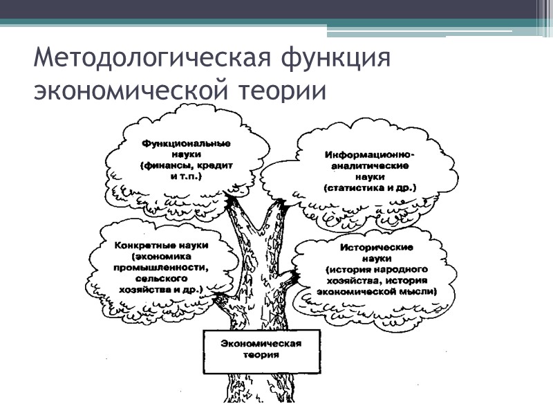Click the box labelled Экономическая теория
tap(261, 349)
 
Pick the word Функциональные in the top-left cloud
tap(186, 143)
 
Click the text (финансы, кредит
tap(186, 165)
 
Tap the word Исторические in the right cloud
tap(377, 246)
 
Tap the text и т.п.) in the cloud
tap(186, 176)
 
